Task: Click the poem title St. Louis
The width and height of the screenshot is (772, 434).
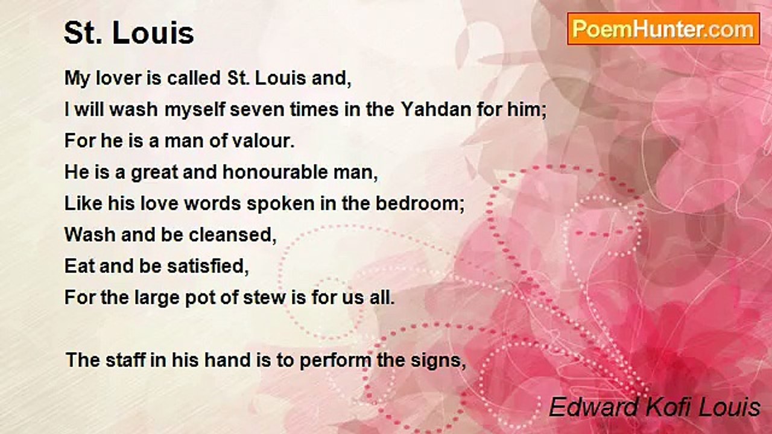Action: pyautogui.click(x=129, y=34)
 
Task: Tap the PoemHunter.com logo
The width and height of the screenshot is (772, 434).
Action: pyautogui.click(x=663, y=29)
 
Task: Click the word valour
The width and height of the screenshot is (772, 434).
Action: pyautogui.click(x=260, y=142)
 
